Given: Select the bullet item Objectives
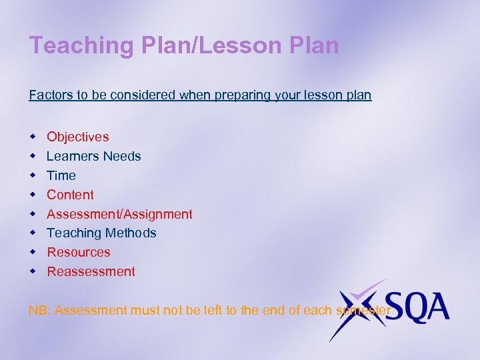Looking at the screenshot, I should click(77, 137).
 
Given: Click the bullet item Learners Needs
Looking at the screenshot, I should click(93, 156).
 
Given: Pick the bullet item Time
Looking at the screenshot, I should click(61, 175).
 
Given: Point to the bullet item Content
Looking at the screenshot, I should click(70, 195).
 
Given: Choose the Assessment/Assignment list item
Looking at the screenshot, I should click(119, 214).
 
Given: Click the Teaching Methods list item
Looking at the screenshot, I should click(101, 233).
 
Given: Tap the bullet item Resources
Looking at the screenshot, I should click(78, 252).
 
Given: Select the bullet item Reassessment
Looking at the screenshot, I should click(91, 271).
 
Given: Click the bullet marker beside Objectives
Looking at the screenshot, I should click(32, 137).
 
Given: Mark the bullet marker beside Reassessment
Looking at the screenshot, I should click(32, 271).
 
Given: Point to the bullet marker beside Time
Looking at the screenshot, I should click(32, 175).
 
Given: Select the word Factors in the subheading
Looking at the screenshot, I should click(51, 95).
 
